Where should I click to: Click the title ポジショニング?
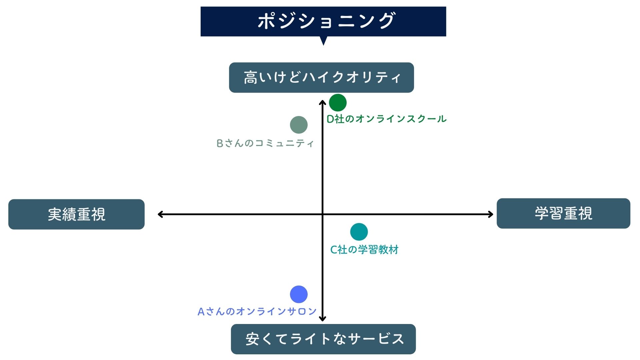coord(326,21)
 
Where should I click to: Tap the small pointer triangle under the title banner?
coord(323,40)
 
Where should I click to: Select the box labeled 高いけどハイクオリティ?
coord(321,77)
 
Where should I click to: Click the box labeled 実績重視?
coord(76,214)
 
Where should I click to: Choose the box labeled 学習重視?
coord(563,213)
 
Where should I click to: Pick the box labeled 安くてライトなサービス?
coord(323,339)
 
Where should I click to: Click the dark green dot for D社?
coord(338,103)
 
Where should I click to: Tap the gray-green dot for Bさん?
coord(299,125)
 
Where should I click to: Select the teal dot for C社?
coord(359,232)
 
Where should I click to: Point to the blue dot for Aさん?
coord(299,294)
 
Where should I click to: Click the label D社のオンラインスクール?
coord(386,119)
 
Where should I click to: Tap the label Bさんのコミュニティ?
coord(265,143)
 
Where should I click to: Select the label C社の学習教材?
coord(364,250)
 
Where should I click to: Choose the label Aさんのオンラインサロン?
coord(257,312)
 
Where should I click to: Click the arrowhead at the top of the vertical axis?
coord(322,102)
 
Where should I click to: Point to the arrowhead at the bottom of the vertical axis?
coord(322,319)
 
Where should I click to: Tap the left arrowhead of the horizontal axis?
coord(160,214)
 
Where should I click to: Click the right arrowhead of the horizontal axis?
coord(491,214)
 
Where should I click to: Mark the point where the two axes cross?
coord(322,214)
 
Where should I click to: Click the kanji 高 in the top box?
coord(250,78)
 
